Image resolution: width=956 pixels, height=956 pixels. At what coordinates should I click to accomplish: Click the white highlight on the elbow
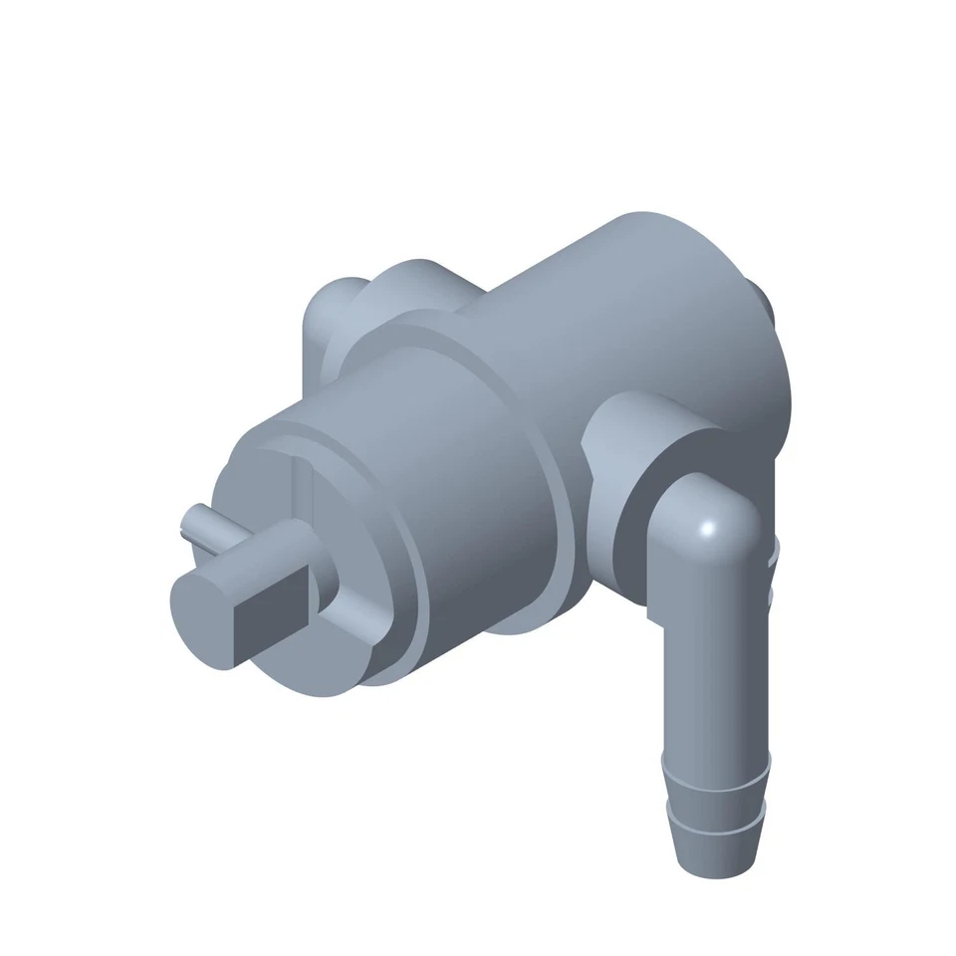709,529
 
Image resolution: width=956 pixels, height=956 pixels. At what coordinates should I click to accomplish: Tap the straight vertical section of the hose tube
709,677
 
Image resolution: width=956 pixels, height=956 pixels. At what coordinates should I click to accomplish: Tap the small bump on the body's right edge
768,304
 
